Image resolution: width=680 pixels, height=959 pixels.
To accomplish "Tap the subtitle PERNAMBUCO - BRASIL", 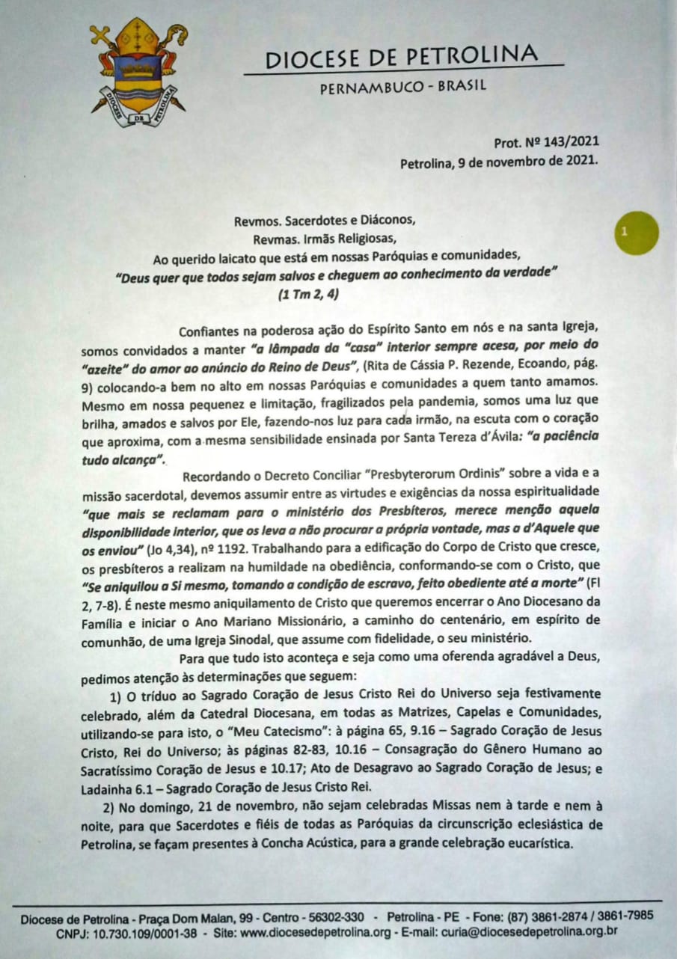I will coord(402,86).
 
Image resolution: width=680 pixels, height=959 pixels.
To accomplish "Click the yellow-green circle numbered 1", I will coord(635,233).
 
